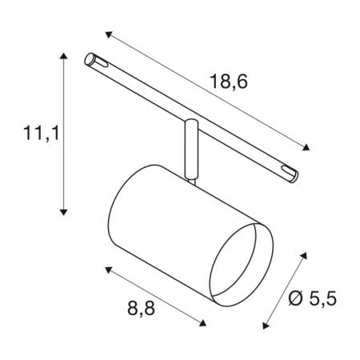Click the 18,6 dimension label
228,82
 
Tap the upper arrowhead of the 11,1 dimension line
62,58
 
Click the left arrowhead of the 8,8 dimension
106,266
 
